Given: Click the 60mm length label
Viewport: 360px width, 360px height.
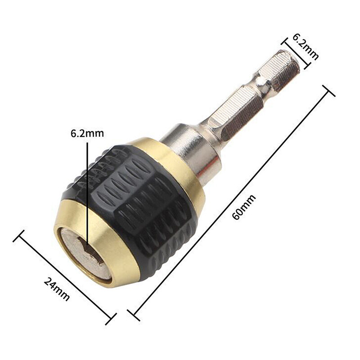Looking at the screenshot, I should (244, 207).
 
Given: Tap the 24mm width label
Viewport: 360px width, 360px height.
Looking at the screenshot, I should (57, 288).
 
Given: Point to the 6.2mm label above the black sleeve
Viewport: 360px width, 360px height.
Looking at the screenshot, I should (87, 134).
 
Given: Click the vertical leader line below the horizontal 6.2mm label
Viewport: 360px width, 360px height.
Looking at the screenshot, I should (87, 189).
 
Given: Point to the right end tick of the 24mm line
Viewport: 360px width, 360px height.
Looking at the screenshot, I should (111, 319).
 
